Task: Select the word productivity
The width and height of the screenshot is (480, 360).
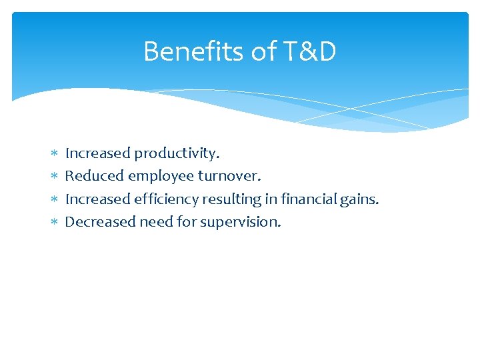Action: pos(177,153)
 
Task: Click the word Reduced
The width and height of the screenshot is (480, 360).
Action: pos(94,176)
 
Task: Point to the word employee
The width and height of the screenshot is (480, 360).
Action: pos(161,177)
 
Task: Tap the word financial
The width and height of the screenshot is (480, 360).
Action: pos(306,199)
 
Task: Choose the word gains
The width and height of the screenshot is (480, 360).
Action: pos(361,199)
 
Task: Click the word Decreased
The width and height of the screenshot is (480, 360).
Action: pos(100,221)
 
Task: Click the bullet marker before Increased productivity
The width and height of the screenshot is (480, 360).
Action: pos(53,154)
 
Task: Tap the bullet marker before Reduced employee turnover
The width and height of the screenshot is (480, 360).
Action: pos(53,177)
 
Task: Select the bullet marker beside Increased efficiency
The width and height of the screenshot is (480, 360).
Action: pos(53,199)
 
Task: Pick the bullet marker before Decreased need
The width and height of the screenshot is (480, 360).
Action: pos(53,222)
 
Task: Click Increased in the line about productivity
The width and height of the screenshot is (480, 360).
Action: pos(98,153)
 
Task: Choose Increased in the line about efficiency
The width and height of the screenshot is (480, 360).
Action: pos(98,199)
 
